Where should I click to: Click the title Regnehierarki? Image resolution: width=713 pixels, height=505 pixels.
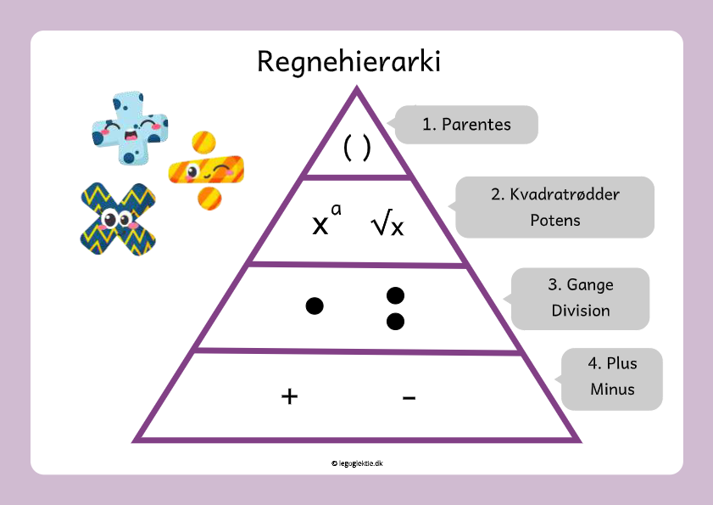tap(348, 61)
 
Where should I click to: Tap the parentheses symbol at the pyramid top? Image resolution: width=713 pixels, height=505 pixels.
tap(357, 148)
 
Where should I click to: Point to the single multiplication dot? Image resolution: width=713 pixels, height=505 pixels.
tap(315, 306)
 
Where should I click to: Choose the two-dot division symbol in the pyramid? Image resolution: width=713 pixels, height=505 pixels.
tap(395, 308)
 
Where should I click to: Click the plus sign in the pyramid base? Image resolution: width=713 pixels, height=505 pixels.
tap(289, 396)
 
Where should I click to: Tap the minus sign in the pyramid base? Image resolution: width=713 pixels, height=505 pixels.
tap(409, 396)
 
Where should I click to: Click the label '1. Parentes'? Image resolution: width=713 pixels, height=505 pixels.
tap(466, 125)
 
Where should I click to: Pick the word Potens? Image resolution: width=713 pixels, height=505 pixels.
tap(554, 220)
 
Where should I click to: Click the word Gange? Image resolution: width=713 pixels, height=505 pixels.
tap(590, 285)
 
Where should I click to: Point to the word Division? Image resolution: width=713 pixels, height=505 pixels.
tap(581, 311)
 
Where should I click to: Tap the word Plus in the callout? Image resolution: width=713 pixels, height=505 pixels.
tap(621, 363)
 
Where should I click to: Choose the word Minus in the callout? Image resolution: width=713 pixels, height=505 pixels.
tap(612, 390)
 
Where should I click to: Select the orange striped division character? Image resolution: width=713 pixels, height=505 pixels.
tap(206, 171)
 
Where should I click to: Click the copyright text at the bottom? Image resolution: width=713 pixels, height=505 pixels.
tap(357, 463)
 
